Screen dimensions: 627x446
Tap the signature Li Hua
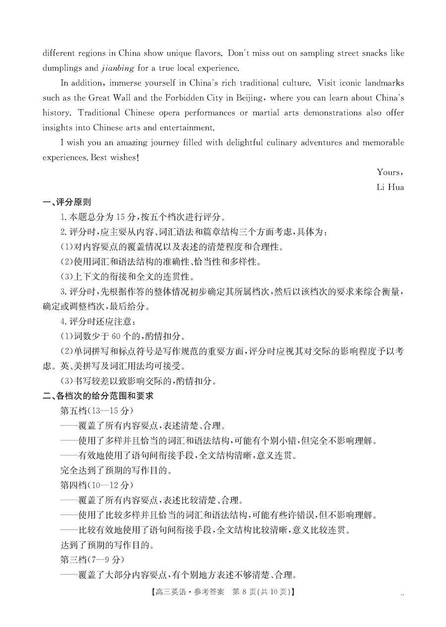point(390,187)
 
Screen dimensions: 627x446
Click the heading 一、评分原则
point(66,202)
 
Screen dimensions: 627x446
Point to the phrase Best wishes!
point(116,158)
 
